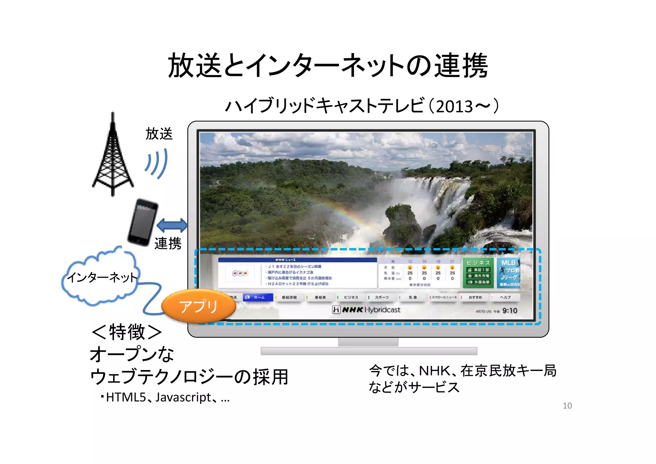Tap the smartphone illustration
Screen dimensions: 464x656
(143, 222)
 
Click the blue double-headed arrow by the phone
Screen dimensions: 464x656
(172, 225)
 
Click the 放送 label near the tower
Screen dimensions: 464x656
(159, 134)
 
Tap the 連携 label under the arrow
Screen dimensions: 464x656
(168, 243)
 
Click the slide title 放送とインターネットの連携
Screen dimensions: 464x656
(328, 66)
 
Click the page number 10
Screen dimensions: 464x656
(567, 406)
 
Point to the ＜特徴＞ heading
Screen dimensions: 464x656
(127, 332)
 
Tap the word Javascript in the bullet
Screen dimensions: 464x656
(183, 397)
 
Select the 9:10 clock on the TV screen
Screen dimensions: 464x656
(509, 310)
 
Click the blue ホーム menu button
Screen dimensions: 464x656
(258, 297)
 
